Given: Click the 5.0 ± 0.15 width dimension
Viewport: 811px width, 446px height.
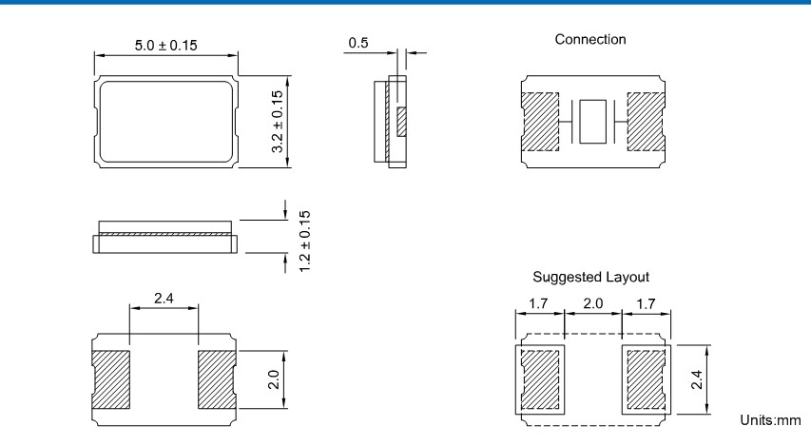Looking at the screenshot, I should click(164, 47).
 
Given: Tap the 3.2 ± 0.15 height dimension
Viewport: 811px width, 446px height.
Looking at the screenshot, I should click(279, 123).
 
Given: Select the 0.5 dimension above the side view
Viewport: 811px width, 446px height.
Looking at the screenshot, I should click(358, 43).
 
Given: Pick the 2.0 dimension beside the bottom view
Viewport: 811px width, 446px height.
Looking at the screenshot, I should click(274, 380).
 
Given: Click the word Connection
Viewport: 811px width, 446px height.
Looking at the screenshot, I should click(590, 40).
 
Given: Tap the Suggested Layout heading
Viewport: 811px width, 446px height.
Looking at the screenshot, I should click(590, 277).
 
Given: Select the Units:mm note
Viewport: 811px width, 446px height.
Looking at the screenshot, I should click(769, 420).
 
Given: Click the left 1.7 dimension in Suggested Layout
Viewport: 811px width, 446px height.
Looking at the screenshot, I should click(538, 305).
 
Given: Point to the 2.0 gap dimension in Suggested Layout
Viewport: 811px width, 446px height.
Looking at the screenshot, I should click(592, 305).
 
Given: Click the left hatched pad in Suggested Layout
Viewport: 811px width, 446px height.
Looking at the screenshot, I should click(540, 378).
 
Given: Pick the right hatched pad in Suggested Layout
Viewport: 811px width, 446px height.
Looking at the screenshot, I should click(646, 378).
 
